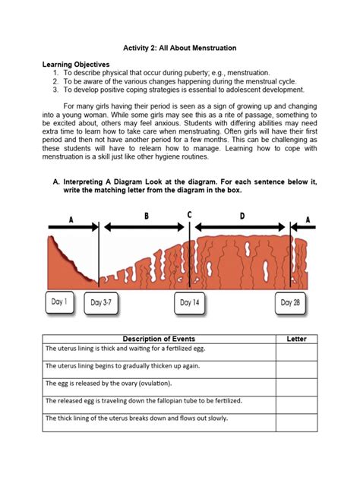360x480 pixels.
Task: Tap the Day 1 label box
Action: tap(58, 302)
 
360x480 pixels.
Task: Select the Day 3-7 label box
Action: tap(103, 303)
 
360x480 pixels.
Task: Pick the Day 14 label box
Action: tap(191, 303)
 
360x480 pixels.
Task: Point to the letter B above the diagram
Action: tap(147, 216)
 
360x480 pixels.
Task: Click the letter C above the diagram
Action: tap(189, 215)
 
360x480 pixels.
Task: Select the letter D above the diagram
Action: tap(242, 216)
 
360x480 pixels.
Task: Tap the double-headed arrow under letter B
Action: tap(144, 226)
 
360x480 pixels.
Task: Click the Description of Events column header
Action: tap(159, 339)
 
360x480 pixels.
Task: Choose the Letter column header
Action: tap(296, 339)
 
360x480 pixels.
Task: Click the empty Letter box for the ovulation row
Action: tap(296, 385)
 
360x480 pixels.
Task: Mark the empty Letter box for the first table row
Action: tap(296, 350)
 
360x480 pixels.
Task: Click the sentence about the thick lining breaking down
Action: tap(137, 418)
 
